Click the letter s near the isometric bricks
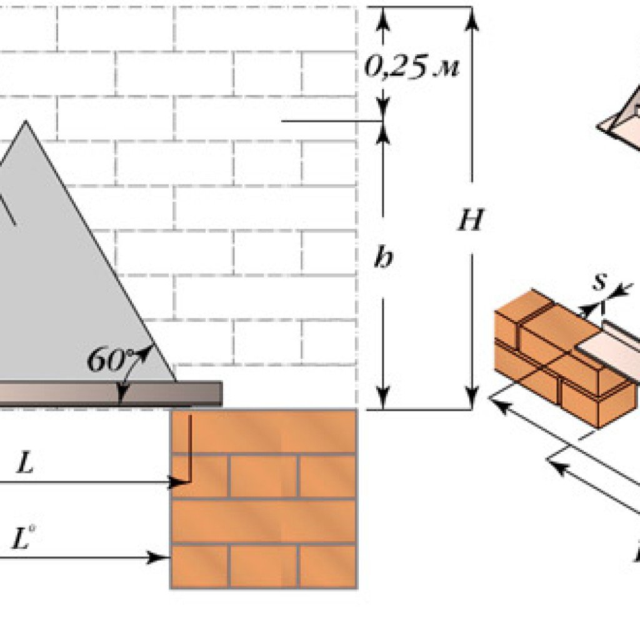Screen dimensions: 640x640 coord(599,282)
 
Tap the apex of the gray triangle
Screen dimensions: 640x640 coord(25,122)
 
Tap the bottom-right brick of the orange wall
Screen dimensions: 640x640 coord(326,566)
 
